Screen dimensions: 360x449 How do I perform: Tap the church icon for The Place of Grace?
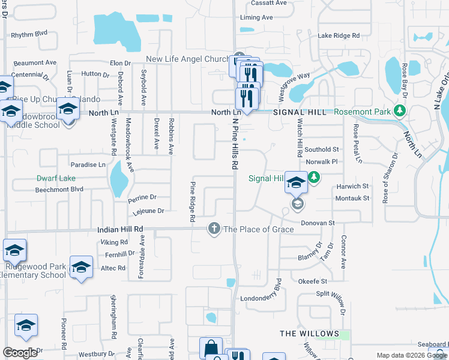pos(214,228)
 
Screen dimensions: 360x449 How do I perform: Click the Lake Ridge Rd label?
pos(339,36)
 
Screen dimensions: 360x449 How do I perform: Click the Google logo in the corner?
pos(20,353)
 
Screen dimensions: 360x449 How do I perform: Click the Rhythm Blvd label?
pos(29,35)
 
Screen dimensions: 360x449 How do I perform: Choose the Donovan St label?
pos(318,223)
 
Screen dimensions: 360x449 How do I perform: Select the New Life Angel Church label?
pos(188,59)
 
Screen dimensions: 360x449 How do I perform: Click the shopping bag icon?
pos(211,347)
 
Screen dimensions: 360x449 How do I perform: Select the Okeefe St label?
pos(312,281)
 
